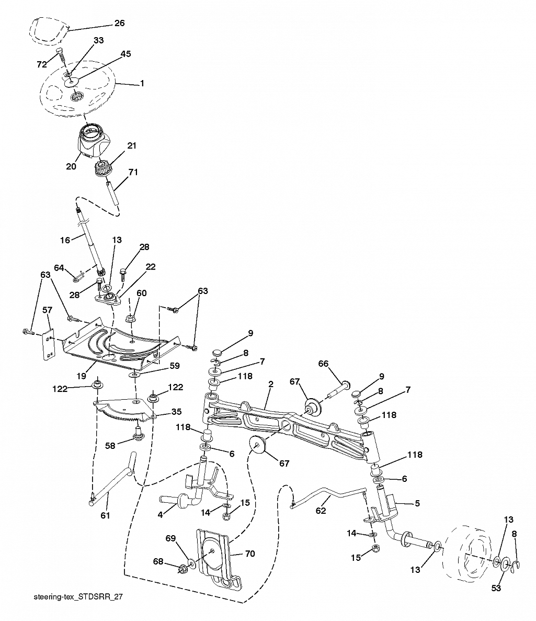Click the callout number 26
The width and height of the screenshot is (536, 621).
(119, 23)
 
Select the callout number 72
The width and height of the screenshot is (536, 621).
(42, 64)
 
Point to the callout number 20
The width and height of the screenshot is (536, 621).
(71, 166)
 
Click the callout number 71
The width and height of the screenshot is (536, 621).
(133, 172)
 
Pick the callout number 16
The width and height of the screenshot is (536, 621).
(65, 240)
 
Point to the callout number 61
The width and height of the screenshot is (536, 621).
(106, 515)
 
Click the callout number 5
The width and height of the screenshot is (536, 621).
(417, 504)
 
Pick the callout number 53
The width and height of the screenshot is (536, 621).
(496, 588)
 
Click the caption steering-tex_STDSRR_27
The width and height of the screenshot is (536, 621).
(78, 596)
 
